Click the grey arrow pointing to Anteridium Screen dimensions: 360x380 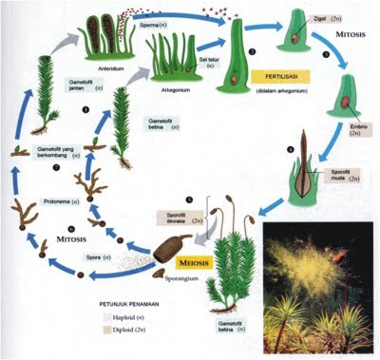click(x=87, y=32)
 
